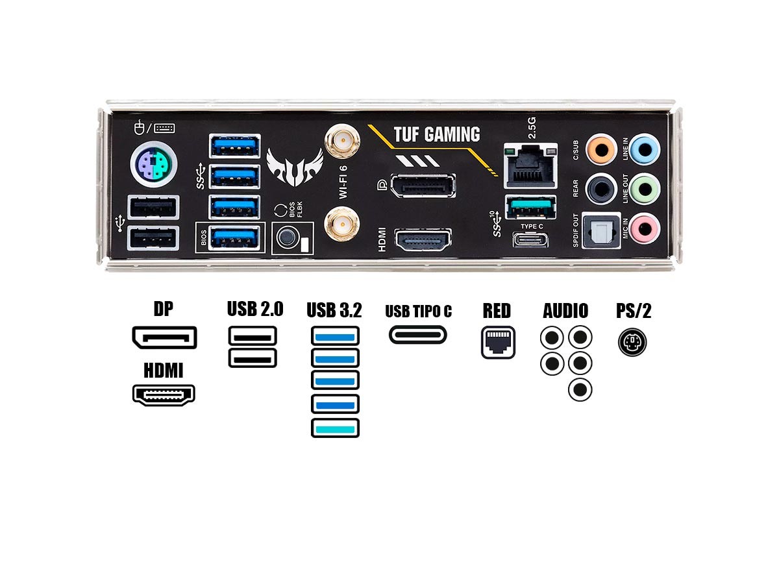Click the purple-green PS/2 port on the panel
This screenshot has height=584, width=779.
pyautogui.click(x=153, y=166)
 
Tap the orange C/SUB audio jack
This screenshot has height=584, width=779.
pyautogui.click(x=601, y=150)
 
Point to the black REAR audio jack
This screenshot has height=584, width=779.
pyautogui.click(x=601, y=189)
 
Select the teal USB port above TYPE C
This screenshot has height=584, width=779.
pyautogui.click(x=530, y=209)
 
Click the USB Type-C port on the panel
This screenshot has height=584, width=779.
pyautogui.click(x=530, y=240)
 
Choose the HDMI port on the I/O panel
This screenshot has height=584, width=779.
pyautogui.click(x=423, y=241)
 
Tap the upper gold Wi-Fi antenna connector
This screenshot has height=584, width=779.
pyautogui.click(x=343, y=140)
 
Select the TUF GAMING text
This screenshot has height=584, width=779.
pyautogui.click(x=436, y=134)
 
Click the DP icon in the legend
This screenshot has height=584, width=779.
pyautogui.click(x=164, y=337)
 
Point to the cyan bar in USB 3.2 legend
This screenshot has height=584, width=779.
pyautogui.click(x=335, y=428)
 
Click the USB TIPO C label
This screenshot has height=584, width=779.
pyautogui.click(x=418, y=311)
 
